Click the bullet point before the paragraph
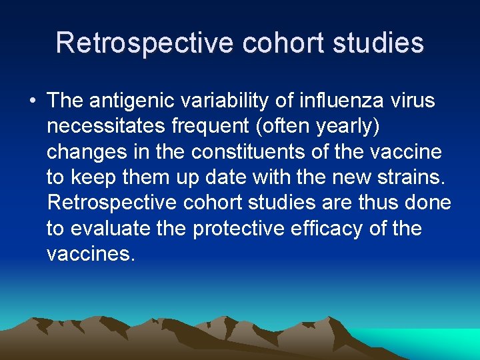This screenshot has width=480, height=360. (32, 101)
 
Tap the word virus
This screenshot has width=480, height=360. (412, 101)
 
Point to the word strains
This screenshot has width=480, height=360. (415, 177)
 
